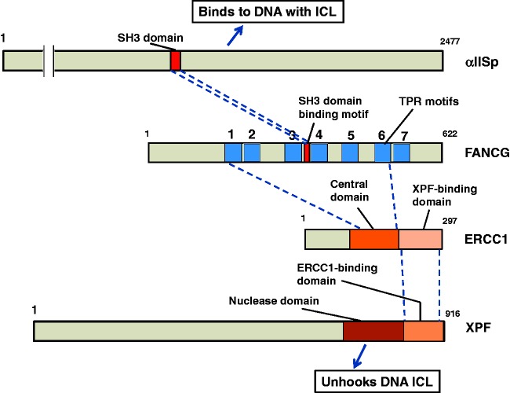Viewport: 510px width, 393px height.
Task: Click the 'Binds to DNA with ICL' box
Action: (x=268, y=12)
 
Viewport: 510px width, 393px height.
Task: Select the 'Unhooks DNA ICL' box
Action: (x=377, y=381)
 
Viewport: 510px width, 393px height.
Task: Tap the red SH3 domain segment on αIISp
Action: (x=175, y=61)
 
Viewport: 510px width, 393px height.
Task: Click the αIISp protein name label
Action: (x=482, y=62)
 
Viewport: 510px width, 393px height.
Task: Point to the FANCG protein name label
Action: (x=487, y=152)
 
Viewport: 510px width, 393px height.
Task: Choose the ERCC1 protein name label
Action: (x=486, y=240)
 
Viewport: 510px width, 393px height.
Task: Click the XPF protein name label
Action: (x=478, y=328)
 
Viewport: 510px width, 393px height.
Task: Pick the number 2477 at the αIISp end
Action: (x=450, y=42)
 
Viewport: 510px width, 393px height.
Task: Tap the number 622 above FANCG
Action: (x=450, y=134)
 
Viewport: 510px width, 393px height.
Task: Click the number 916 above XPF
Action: (x=453, y=314)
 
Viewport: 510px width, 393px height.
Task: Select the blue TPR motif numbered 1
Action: (x=233, y=152)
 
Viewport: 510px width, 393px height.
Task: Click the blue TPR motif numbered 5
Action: (x=350, y=152)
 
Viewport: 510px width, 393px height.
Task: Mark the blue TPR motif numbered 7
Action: (x=402, y=152)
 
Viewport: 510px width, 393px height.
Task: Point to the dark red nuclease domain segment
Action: (x=373, y=331)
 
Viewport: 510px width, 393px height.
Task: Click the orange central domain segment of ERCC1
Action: (x=374, y=240)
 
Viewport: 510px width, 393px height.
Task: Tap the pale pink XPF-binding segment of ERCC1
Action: (x=421, y=240)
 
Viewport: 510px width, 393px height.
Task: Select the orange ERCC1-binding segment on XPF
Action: (x=424, y=331)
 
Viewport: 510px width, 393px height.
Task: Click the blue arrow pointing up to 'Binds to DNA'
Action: (x=235, y=35)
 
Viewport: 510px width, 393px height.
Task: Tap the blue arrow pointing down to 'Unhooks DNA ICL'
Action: (x=359, y=355)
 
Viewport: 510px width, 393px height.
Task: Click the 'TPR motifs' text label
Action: (x=428, y=101)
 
